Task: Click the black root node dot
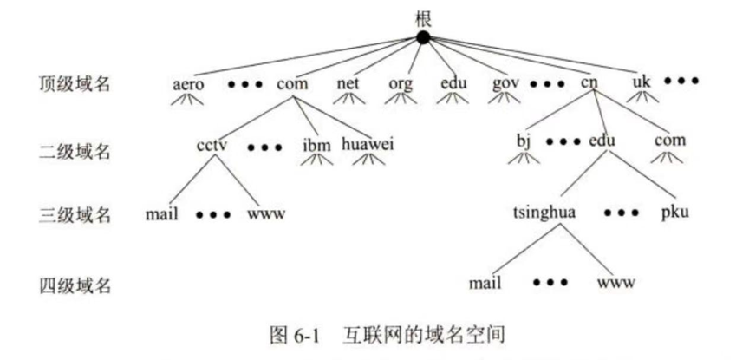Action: click(x=423, y=37)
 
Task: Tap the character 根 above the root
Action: click(x=423, y=16)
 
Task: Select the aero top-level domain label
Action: click(x=188, y=84)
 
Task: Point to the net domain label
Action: click(x=348, y=84)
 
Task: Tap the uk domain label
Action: click(x=642, y=82)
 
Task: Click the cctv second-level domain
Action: click(x=212, y=143)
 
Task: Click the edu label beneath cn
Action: click(x=603, y=141)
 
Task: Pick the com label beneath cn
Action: click(x=670, y=141)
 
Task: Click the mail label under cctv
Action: click(x=162, y=213)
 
